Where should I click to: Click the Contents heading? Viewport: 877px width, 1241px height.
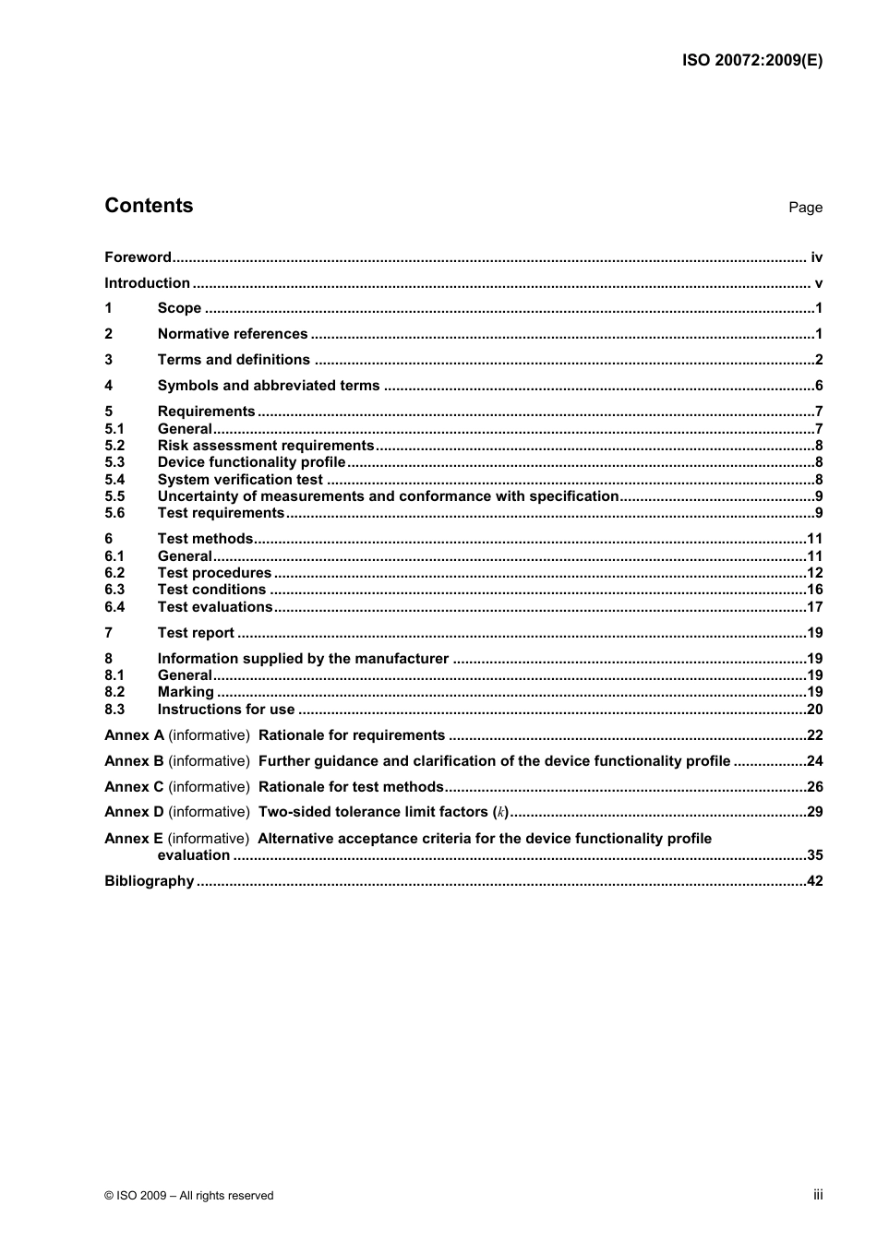tap(149, 206)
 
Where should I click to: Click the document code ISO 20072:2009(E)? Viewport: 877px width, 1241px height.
tap(751, 61)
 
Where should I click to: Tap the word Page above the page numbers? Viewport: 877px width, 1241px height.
tap(805, 208)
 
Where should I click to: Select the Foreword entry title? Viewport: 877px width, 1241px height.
tap(138, 257)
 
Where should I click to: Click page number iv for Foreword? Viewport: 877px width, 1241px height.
tap(816, 257)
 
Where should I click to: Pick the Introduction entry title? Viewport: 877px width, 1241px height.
tap(147, 283)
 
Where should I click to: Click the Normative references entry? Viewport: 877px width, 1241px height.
tap(233, 334)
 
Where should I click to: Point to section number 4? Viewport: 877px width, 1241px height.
tap(109, 386)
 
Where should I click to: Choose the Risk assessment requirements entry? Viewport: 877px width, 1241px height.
tap(266, 446)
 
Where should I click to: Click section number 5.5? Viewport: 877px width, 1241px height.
tap(114, 496)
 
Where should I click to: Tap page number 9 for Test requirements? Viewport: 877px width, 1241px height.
tap(819, 513)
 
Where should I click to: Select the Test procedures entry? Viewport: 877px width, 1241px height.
tap(214, 573)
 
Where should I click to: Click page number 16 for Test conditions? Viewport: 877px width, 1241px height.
tap(814, 590)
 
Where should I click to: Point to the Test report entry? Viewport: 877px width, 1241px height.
tap(196, 633)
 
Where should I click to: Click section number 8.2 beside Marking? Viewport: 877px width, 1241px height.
tap(114, 692)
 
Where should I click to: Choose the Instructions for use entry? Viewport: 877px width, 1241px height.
tap(226, 710)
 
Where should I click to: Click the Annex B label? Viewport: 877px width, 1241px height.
tap(134, 761)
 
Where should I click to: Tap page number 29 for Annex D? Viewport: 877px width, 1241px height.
tap(814, 812)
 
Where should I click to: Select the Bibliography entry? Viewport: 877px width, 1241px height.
tap(150, 881)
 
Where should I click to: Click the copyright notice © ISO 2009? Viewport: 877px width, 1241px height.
tap(189, 1195)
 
